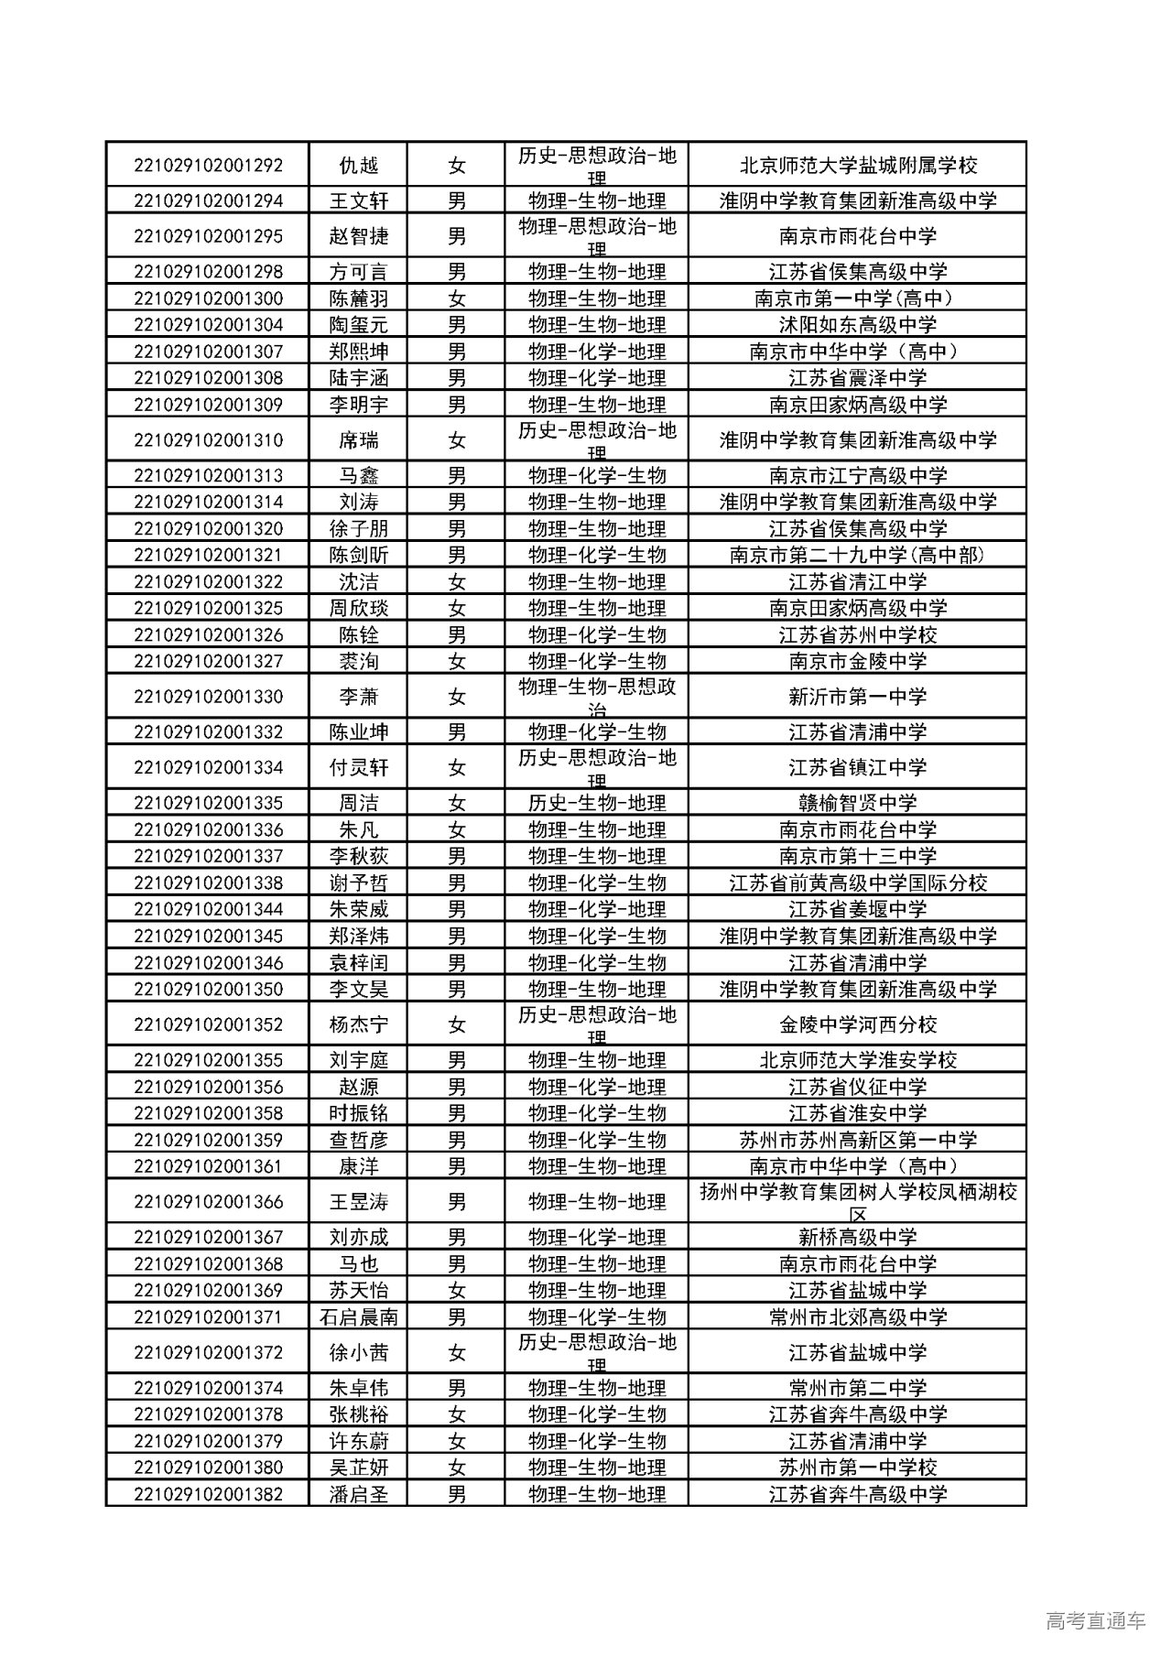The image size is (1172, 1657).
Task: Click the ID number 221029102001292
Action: pyautogui.click(x=208, y=166)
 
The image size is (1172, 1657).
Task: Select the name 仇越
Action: pyautogui.click(x=359, y=166)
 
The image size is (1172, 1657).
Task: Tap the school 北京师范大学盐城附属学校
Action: pyautogui.click(x=858, y=166)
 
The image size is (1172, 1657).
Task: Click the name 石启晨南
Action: pyautogui.click(x=359, y=1317)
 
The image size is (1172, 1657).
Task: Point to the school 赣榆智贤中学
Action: pyautogui.click(x=858, y=803)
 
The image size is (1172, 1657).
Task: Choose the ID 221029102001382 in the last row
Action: pyautogui.click(x=208, y=1494)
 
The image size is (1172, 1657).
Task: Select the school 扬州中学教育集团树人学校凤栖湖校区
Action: pyautogui.click(x=858, y=1201)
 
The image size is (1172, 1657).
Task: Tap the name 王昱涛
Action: pyautogui.click(x=359, y=1201)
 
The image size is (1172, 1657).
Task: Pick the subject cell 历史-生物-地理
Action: pyautogui.click(x=597, y=803)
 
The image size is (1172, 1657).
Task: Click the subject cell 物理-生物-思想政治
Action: pyautogui.click(x=597, y=697)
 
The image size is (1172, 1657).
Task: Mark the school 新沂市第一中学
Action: pyautogui.click(x=858, y=697)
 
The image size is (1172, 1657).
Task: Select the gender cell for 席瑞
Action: pyautogui.click(x=457, y=440)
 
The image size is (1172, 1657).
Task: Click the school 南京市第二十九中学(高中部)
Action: pyautogui.click(x=858, y=555)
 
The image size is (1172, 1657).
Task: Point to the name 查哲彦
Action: pyautogui.click(x=359, y=1140)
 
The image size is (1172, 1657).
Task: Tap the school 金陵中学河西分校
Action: pyautogui.click(x=858, y=1024)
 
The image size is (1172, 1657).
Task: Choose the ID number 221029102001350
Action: pyautogui.click(x=208, y=989)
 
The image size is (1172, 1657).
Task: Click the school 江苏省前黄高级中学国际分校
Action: pyautogui.click(x=858, y=883)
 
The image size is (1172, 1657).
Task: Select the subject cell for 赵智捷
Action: pyautogui.click(x=597, y=236)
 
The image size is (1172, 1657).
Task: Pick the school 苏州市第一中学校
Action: pyautogui.click(x=858, y=1467)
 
